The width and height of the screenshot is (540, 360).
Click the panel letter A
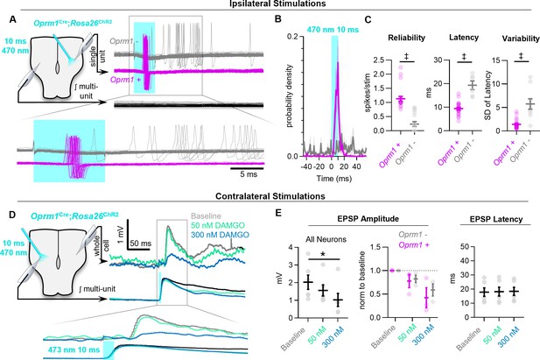pyautogui.click(x=12, y=19)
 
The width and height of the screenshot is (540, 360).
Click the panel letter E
pyautogui.click(x=280, y=213)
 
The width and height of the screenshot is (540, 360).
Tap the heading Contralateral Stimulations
pyautogui.click(x=270, y=196)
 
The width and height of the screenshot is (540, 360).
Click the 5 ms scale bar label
pyautogui.click(x=249, y=174)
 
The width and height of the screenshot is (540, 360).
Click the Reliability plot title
pyautogui.click(x=406, y=39)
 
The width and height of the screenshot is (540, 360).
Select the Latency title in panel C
pyautogui.click(x=464, y=38)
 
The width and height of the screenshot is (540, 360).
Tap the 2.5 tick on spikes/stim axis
pyautogui.click(x=380, y=60)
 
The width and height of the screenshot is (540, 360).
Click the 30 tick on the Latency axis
pyautogui.click(x=438, y=60)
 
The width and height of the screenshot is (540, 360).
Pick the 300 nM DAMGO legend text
pyautogui.click(x=220, y=235)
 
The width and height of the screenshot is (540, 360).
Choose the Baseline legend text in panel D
pyautogui.click(x=206, y=216)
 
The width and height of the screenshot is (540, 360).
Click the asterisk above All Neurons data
pyautogui.click(x=323, y=255)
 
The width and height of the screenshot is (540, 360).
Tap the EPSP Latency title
pyautogui.click(x=496, y=219)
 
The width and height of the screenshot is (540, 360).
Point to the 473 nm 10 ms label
pyautogui.click(x=74, y=349)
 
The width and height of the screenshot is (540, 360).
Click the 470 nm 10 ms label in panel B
pyautogui.click(x=333, y=30)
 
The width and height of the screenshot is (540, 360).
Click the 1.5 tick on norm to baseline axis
pyautogui.click(x=376, y=247)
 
